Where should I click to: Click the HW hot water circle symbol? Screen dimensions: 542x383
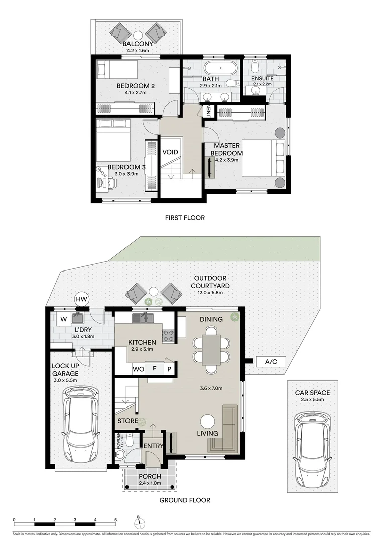(x=81, y=299)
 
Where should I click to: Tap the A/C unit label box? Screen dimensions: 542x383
(x=264, y=361)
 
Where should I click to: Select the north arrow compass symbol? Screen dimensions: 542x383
(x=138, y=520)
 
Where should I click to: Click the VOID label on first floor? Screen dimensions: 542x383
(x=170, y=152)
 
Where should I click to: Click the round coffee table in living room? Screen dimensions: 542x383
(x=207, y=421)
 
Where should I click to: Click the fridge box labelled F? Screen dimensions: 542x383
(x=155, y=368)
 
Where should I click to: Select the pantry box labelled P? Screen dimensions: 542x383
(x=169, y=368)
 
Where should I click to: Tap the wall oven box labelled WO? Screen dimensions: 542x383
(x=138, y=368)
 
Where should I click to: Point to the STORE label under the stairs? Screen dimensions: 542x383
(x=127, y=421)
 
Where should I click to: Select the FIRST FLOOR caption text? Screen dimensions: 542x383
(x=185, y=218)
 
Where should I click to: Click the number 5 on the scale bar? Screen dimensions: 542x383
(x=115, y=520)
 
